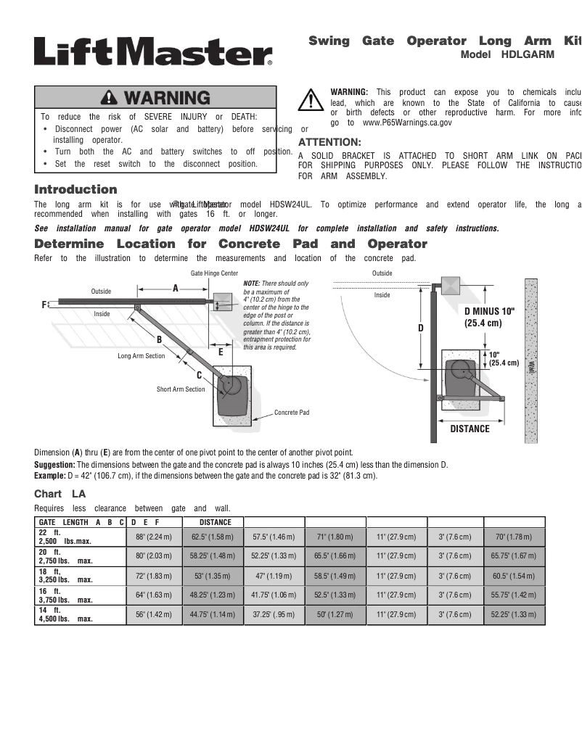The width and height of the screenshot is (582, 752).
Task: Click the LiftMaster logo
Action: (153, 51)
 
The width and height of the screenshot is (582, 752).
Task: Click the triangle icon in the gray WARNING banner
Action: (110, 98)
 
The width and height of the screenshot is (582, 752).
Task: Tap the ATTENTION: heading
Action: (329, 142)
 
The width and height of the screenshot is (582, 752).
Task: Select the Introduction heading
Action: (75, 189)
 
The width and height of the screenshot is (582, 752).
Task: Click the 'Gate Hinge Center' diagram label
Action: (214, 273)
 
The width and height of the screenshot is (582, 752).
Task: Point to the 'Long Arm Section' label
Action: (142, 356)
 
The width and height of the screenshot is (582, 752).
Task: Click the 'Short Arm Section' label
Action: (181, 389)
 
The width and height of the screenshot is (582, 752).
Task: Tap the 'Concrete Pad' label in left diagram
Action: (292, 413)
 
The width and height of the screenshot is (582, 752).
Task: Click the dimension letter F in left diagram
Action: (44, 305)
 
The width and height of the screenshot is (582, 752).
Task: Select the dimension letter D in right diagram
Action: (420, 329)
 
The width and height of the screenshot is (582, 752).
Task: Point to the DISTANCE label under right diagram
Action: (470, 429)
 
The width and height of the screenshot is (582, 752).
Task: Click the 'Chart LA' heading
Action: (60, 494)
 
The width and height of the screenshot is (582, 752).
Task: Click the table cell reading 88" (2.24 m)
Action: (154, 537)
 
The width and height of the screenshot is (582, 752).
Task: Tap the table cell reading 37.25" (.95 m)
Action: (273, 615)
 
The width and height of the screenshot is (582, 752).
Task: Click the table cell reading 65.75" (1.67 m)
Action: (515, 556)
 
